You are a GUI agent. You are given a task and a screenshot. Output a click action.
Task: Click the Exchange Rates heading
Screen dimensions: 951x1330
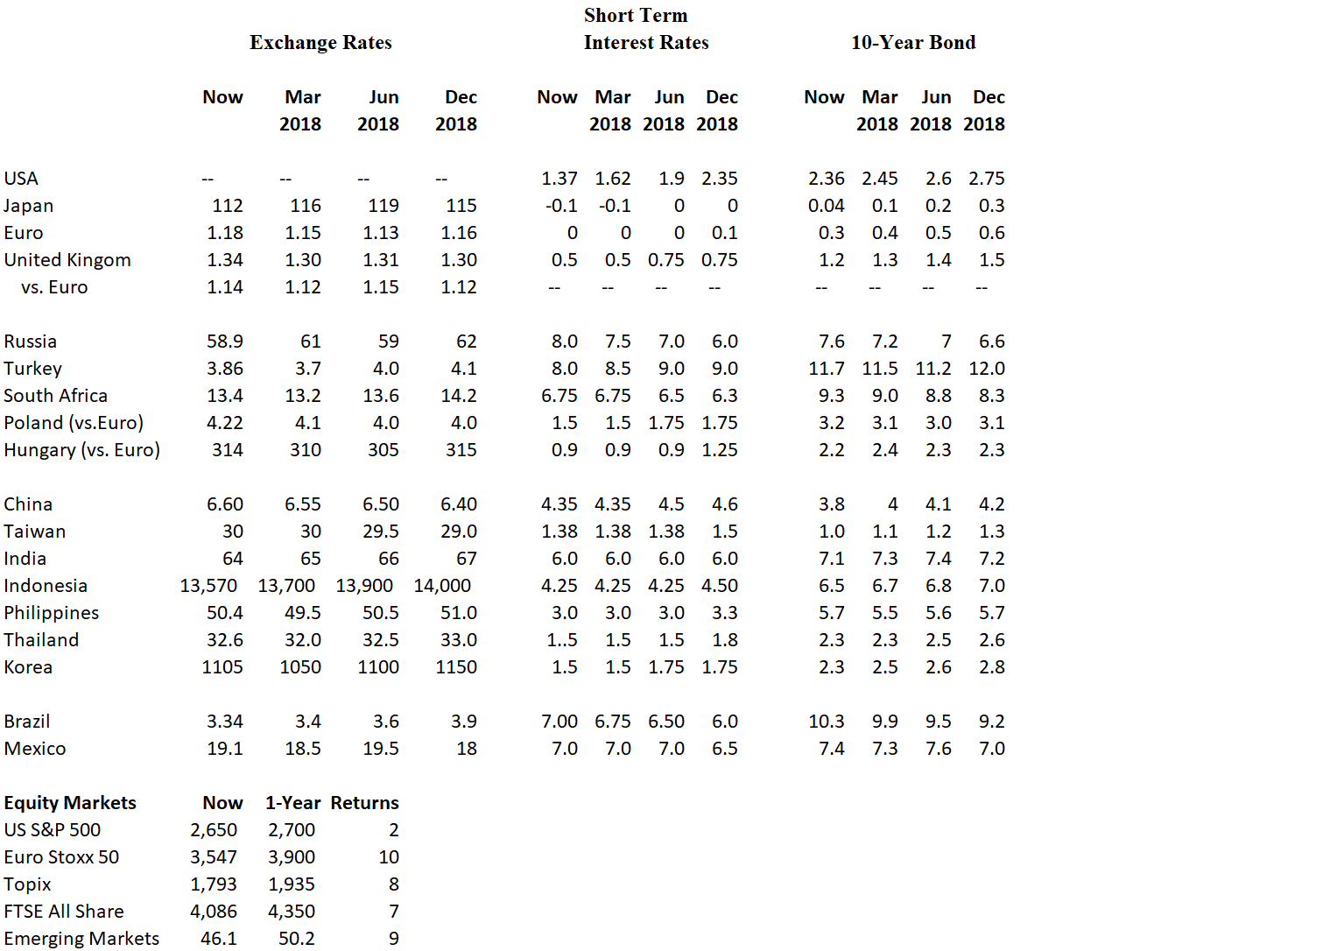(x=320, y=42)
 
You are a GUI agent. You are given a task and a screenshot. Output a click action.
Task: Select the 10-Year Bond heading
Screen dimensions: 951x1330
(x=912, y=42)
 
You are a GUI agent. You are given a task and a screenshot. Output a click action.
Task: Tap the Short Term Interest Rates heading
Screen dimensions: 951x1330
(x=645, y=29)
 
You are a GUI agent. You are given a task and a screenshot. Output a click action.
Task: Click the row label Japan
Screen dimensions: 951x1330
(x=29, y=206)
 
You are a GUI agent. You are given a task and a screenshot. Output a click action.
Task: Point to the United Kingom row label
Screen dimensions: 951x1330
(x=67, y=260)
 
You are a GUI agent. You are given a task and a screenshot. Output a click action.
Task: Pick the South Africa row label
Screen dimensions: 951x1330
(x=55, y=396)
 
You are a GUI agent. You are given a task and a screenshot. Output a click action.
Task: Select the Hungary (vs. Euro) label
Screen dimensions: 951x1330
(x=81, y=450)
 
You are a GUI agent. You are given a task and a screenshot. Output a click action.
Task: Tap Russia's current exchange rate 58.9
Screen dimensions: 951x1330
(x=225, y=342)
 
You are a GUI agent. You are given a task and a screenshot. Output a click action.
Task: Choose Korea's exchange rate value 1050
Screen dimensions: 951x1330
(x=300, y=667)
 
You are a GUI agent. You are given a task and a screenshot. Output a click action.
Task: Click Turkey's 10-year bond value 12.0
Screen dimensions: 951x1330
(x=986, y=369)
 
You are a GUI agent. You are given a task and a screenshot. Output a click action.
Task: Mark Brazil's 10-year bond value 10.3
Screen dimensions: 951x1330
(x=826, y=722)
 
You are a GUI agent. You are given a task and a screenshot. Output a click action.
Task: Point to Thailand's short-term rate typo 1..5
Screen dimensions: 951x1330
(x=562, y=640)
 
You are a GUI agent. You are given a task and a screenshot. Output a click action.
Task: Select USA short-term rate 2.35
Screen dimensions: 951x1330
(x=719, y=179)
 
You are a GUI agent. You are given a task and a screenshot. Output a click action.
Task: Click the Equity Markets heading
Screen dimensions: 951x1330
(x=70, y=803)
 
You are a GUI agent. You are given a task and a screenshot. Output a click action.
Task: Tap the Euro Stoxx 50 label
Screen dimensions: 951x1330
(x=61, y=857)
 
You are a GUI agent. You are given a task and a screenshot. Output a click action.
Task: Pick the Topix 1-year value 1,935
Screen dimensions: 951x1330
(x=292, y=884)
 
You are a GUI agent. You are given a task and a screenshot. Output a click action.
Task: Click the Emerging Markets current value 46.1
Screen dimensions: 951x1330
(x=219, y=939)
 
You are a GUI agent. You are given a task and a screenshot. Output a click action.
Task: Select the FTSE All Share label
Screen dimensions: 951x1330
(x=64, y=912)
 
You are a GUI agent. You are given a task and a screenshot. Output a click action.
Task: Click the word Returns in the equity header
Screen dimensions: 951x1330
(x=364, y=803)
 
